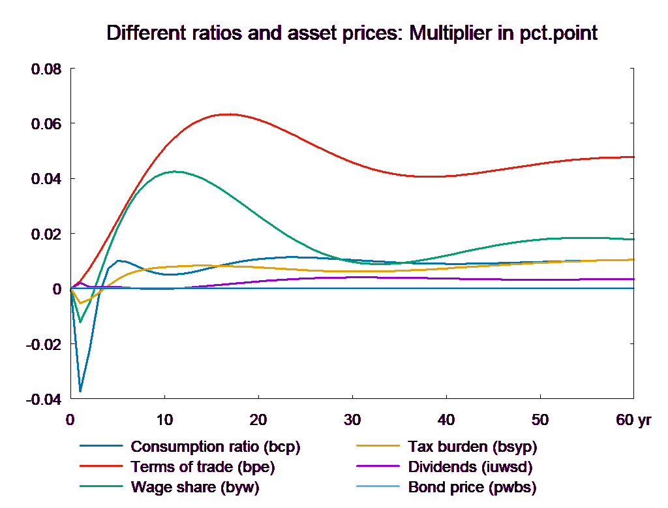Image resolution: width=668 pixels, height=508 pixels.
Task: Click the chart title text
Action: tap(352, 34)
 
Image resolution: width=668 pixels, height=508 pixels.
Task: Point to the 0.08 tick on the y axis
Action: tap(46, 69)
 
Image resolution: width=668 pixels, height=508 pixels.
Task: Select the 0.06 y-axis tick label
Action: tap(46, 124)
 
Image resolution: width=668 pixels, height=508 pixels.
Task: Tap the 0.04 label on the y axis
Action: tap(46, 179)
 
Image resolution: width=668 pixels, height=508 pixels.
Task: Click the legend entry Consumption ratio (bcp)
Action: tap(215, 447)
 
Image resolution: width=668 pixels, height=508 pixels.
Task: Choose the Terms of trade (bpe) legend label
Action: tap(203, 468)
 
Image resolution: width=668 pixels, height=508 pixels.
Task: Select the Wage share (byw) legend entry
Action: tap(195, 488)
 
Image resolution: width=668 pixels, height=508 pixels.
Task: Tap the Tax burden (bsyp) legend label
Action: tap(472, 447)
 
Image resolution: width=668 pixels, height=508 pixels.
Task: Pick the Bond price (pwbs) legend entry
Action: tap(472, 488)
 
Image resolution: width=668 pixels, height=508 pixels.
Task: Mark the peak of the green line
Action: tap(175, 172)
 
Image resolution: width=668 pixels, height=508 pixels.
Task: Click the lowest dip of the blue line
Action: tap(80, 391)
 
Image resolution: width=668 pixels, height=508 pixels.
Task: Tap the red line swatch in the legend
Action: tap(102, 468)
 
